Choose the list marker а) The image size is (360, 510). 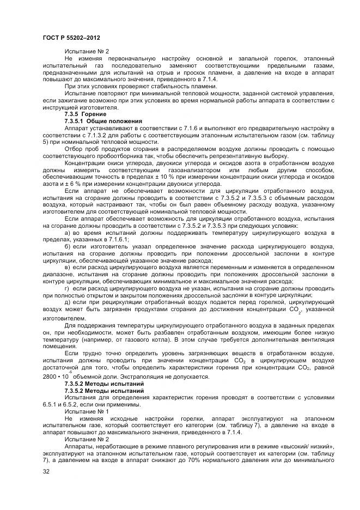coord(68,233)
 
